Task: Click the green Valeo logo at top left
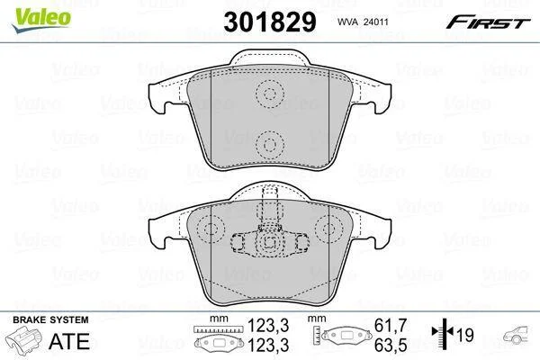41,20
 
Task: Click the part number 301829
270,22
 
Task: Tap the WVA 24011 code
363,22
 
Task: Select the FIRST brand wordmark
489,22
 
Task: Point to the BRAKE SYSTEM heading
50,319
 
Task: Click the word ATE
69,341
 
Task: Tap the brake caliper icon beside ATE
24,339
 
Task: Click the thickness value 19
465,335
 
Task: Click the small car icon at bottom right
516,334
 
